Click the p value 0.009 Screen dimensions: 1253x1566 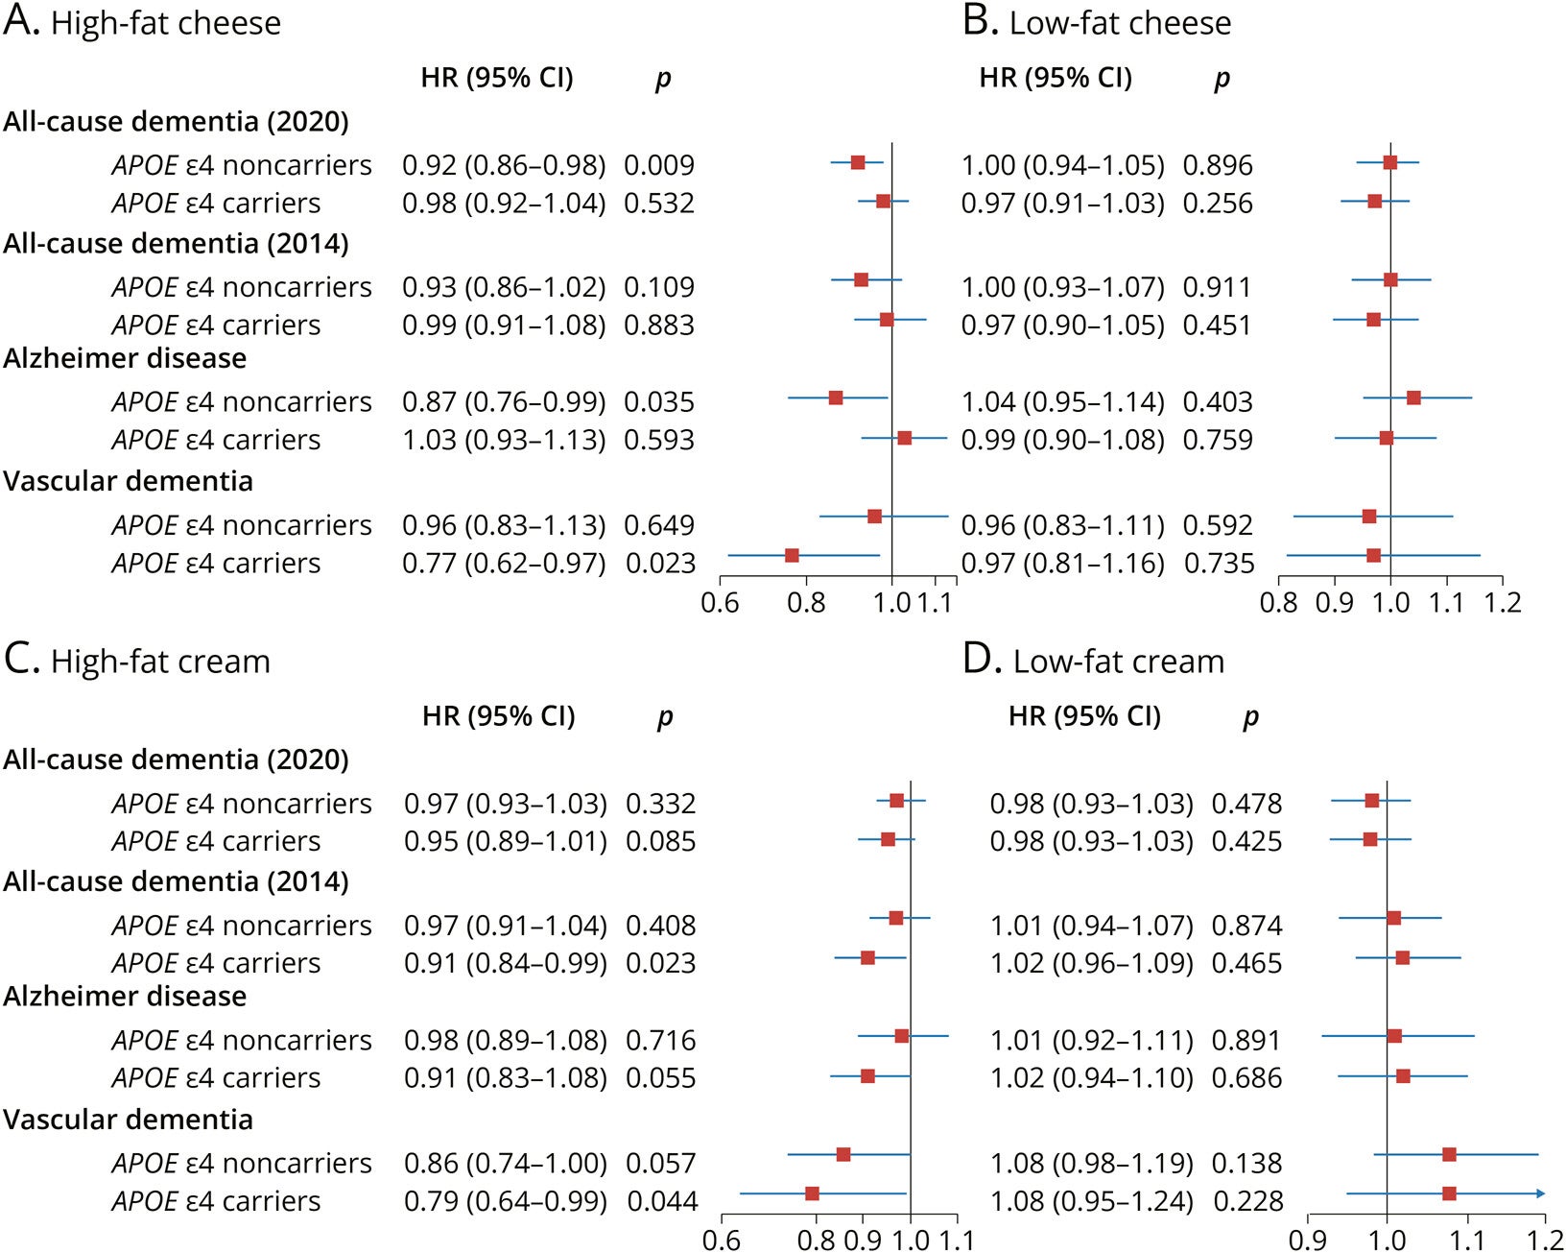[x=658, y=165]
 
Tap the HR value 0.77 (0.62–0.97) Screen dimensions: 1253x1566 [x=504, y=564]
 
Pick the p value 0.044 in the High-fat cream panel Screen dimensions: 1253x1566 [x=662, y=1201]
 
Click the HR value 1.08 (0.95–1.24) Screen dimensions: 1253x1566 [x=1091, y=1201]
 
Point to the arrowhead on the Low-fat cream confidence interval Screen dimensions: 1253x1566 [x=1540, y=1193]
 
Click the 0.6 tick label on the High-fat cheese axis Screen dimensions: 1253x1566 [x=720, y=603]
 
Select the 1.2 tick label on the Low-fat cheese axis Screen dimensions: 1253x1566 [x=1502, y=603]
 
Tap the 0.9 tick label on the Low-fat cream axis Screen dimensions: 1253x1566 [x=1308, y=1241]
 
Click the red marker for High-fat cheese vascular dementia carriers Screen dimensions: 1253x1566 [x=792, y=555]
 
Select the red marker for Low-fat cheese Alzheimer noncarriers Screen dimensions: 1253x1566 [x=1413, y=398]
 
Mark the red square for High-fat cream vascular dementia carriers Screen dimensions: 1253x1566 [x=812, y=1193]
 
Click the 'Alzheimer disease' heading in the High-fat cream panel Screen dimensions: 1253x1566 [x=125, y=997]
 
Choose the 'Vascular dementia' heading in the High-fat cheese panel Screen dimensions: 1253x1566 [x=128, y=481]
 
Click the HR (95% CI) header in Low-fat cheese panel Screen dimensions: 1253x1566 [x=1056, y=78]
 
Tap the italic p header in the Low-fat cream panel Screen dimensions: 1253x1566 [x=1250, y=717]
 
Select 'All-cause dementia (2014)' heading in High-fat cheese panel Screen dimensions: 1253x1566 [x=176, y=244]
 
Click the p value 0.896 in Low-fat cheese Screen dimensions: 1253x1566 [x=1217, y=165]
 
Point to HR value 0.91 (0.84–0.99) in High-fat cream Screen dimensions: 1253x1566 [x=505, y=963]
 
